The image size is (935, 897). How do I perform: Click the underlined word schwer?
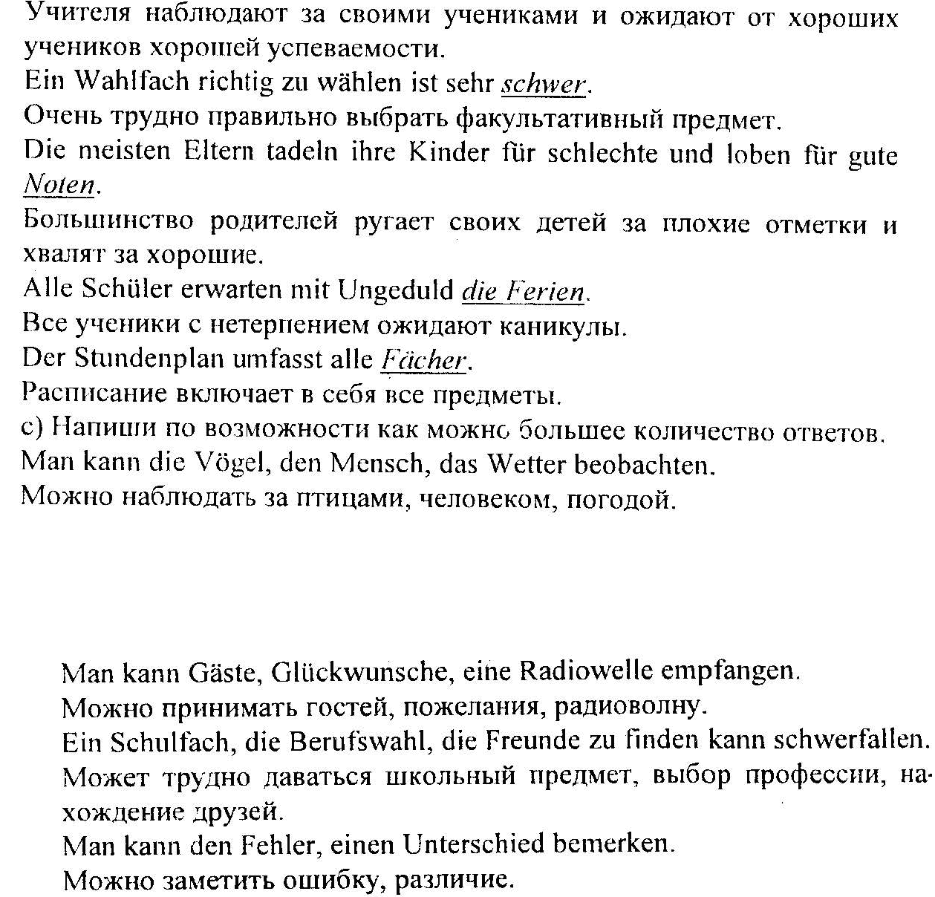tap(544, 85)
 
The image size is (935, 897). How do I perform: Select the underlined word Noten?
tap(59, 184)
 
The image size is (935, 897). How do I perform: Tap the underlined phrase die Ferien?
tap(524, 290)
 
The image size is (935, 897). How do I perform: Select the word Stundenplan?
tap(151, 359)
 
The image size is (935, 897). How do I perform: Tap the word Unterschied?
tap(473, 845)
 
